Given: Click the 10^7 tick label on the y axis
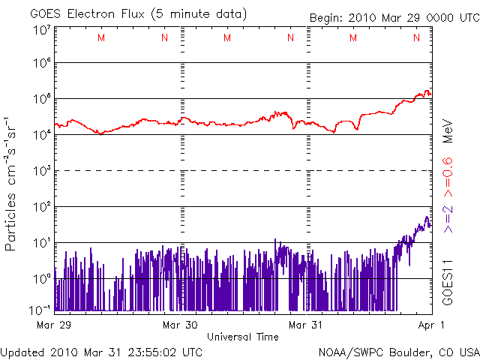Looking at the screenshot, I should point(41,30).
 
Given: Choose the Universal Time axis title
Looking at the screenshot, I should point(242,337).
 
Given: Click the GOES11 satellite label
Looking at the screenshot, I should point(448,282).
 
